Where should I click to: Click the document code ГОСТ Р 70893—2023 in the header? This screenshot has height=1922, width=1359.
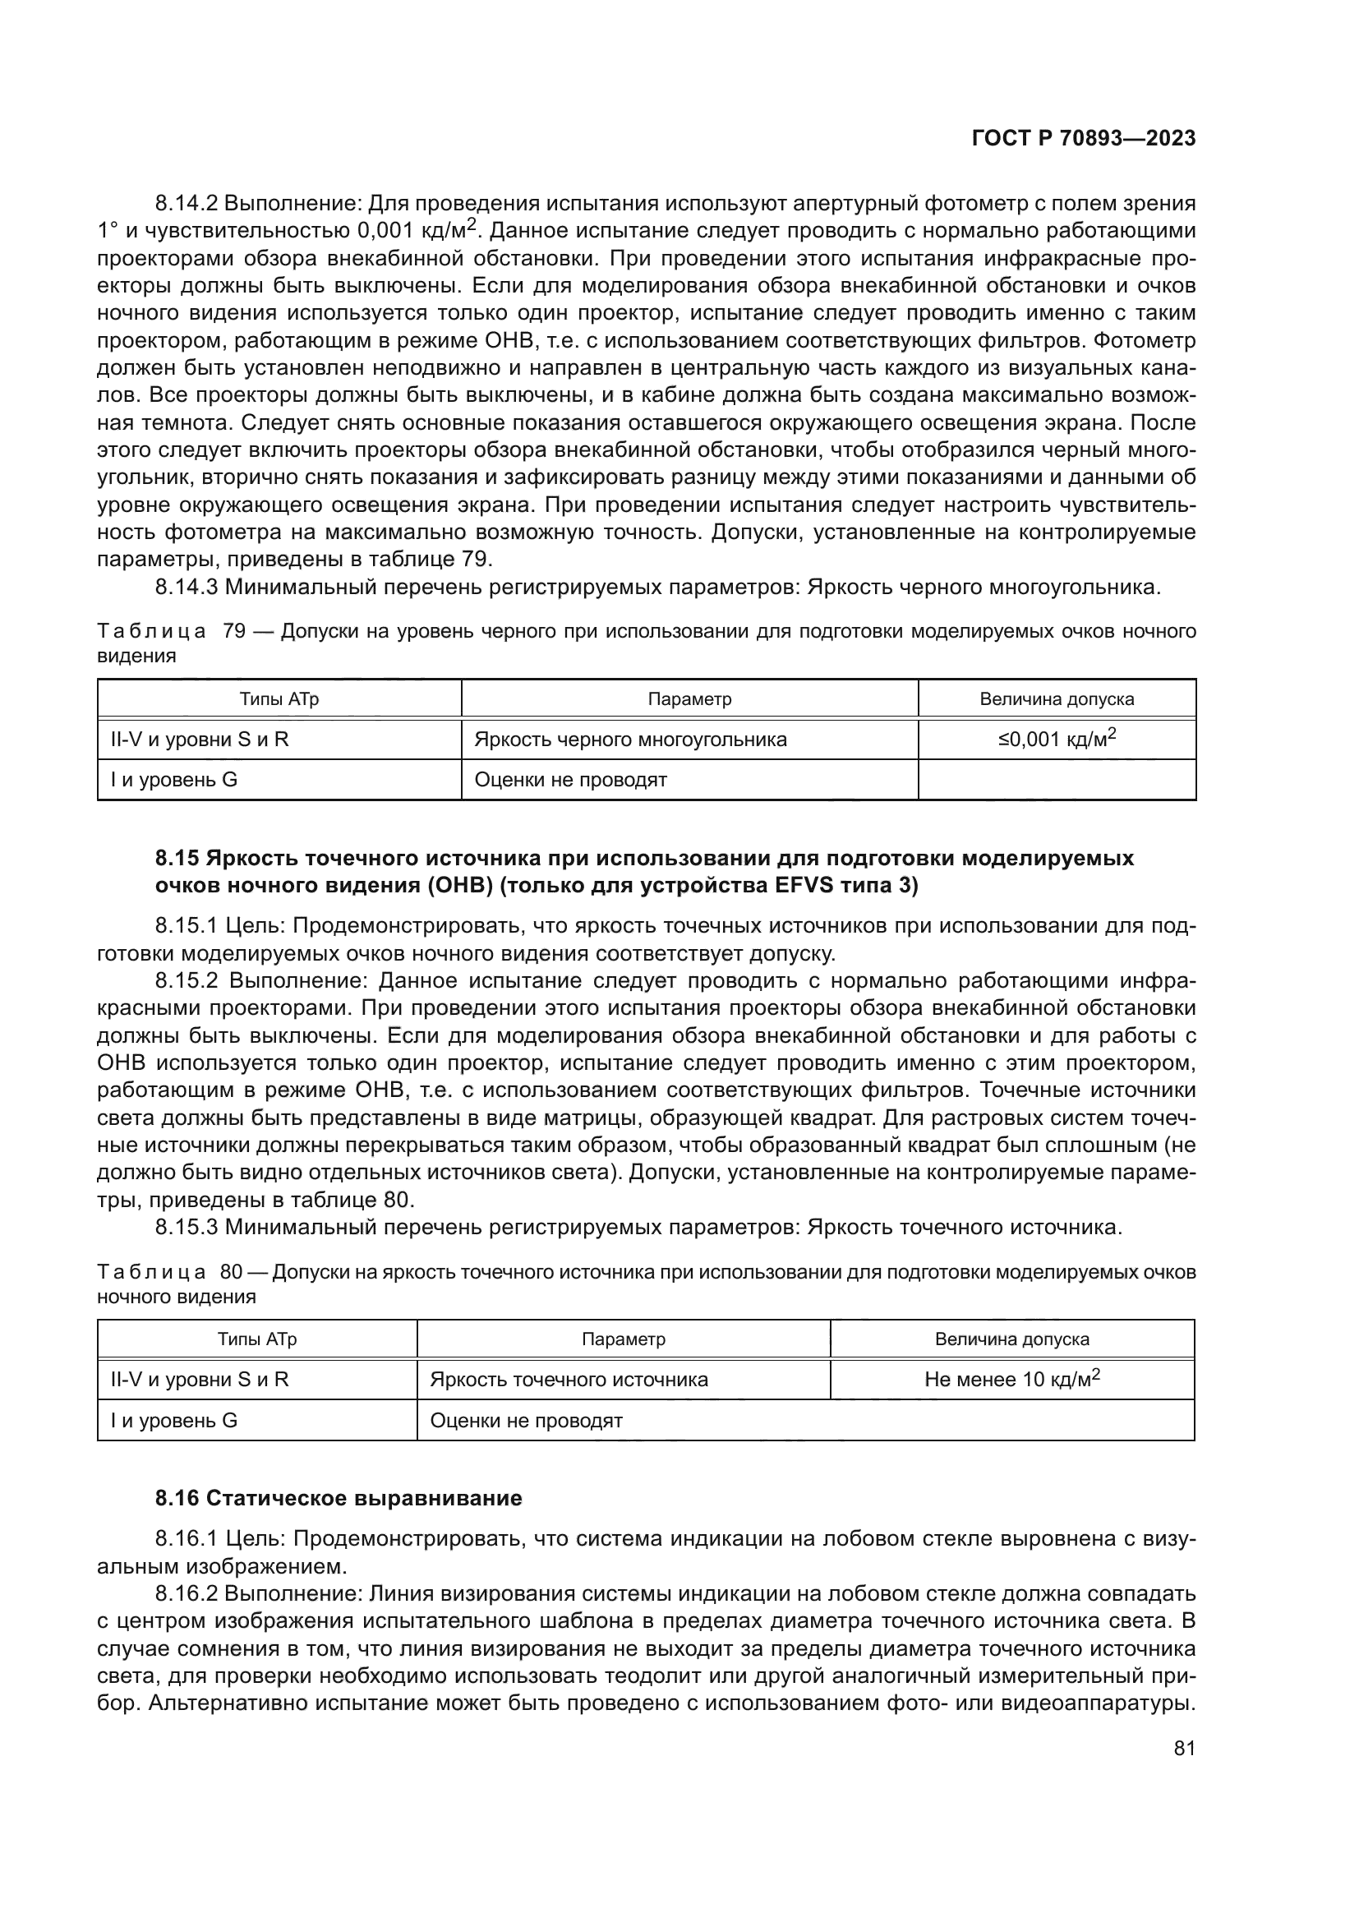(x=1084, y=138)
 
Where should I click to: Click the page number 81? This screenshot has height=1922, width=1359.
(x=1184, y=1748)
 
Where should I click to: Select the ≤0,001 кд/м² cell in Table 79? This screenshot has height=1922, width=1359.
(x=1057, y=740)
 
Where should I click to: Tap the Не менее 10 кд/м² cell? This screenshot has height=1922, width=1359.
(x=1011, y=1379)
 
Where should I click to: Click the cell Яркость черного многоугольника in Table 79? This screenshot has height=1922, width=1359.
(x=630, y=740)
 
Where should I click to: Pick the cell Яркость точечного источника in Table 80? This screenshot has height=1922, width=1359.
(x=569, y=1380)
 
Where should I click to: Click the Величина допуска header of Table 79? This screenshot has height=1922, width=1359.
(x=1057, y=699)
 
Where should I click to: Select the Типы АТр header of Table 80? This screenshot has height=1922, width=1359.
(x=257, y=1339)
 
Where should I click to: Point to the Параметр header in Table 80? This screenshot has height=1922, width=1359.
(x=624, y=1339)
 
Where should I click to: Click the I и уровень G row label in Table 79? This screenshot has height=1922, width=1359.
(x=174, y=780)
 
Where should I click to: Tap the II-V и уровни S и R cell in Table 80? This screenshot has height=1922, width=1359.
(x=199, y=1380)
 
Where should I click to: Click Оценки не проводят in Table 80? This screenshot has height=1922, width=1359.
(x=527, y=1421)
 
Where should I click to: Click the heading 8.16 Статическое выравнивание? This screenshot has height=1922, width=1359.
(x=338, y=1498)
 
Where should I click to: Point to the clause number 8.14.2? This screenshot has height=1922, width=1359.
(x=186, y=204)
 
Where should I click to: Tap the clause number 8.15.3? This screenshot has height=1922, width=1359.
(x=186, y=1228)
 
